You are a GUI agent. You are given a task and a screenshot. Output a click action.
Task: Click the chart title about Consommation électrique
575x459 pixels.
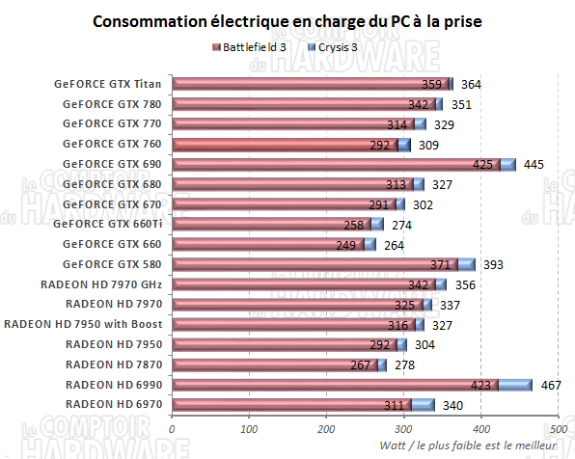click(x=287, y=20)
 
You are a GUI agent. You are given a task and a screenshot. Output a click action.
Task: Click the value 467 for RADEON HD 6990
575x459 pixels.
click(x=550, y=385)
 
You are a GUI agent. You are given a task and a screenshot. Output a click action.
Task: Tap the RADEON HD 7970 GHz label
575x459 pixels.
click(x=102, y=284)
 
